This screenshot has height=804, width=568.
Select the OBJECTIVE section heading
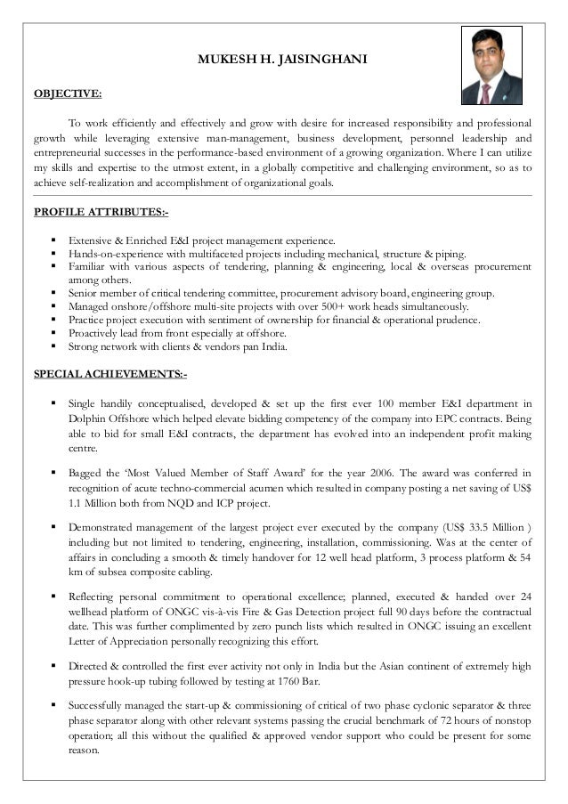[68, 93]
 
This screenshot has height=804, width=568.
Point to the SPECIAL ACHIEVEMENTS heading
[110, 372]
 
